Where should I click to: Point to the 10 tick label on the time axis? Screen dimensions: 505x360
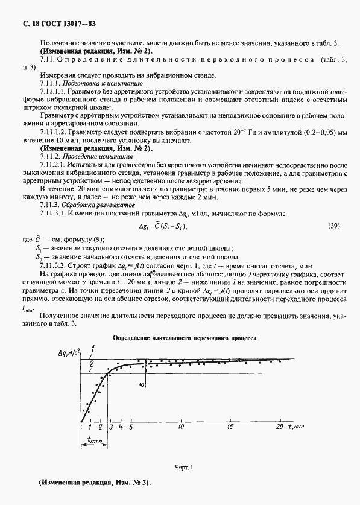181,427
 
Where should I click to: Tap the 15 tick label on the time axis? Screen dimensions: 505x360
230,427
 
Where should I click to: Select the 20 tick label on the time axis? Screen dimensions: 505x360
280,427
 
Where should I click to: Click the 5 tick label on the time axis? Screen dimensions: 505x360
130,427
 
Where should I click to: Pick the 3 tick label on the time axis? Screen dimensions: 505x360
111,427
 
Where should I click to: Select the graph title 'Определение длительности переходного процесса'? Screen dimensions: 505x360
185,338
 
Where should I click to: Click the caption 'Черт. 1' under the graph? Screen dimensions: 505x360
183,468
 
